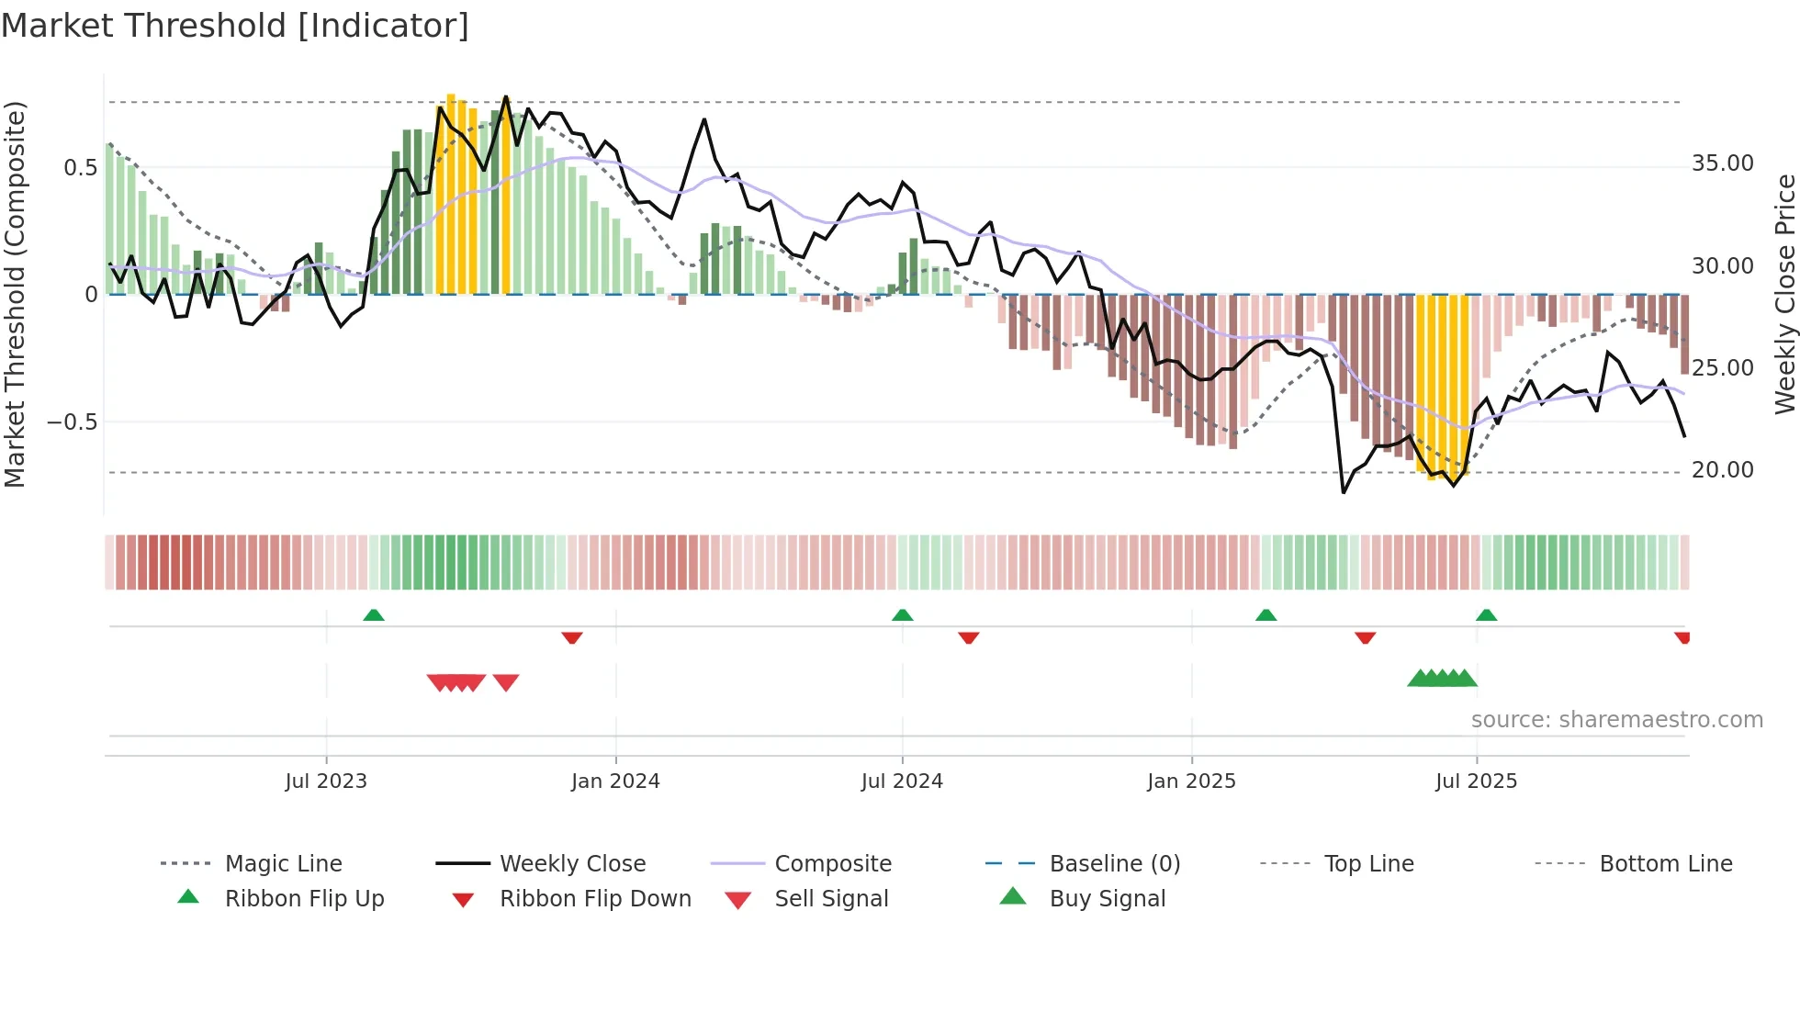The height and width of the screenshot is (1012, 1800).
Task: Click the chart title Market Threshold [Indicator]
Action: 235,26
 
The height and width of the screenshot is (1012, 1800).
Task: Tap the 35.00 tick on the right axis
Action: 1722,163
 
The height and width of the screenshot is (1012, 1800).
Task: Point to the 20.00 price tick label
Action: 1722,470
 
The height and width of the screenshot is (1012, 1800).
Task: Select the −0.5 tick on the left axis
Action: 72,422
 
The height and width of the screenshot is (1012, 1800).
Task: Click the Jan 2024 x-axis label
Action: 615,781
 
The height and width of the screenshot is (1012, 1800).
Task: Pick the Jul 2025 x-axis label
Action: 1476,781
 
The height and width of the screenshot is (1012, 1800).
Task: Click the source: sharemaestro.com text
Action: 1616,720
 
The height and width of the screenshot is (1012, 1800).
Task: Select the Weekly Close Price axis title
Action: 1784,294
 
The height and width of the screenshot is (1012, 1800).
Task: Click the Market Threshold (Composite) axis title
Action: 15,294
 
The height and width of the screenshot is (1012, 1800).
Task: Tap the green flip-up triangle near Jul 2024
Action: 902,615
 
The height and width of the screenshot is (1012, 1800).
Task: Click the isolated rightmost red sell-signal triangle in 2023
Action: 506,682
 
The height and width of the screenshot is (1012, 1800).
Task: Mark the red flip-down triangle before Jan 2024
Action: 572,637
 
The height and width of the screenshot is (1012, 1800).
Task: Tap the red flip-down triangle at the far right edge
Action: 1682,637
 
